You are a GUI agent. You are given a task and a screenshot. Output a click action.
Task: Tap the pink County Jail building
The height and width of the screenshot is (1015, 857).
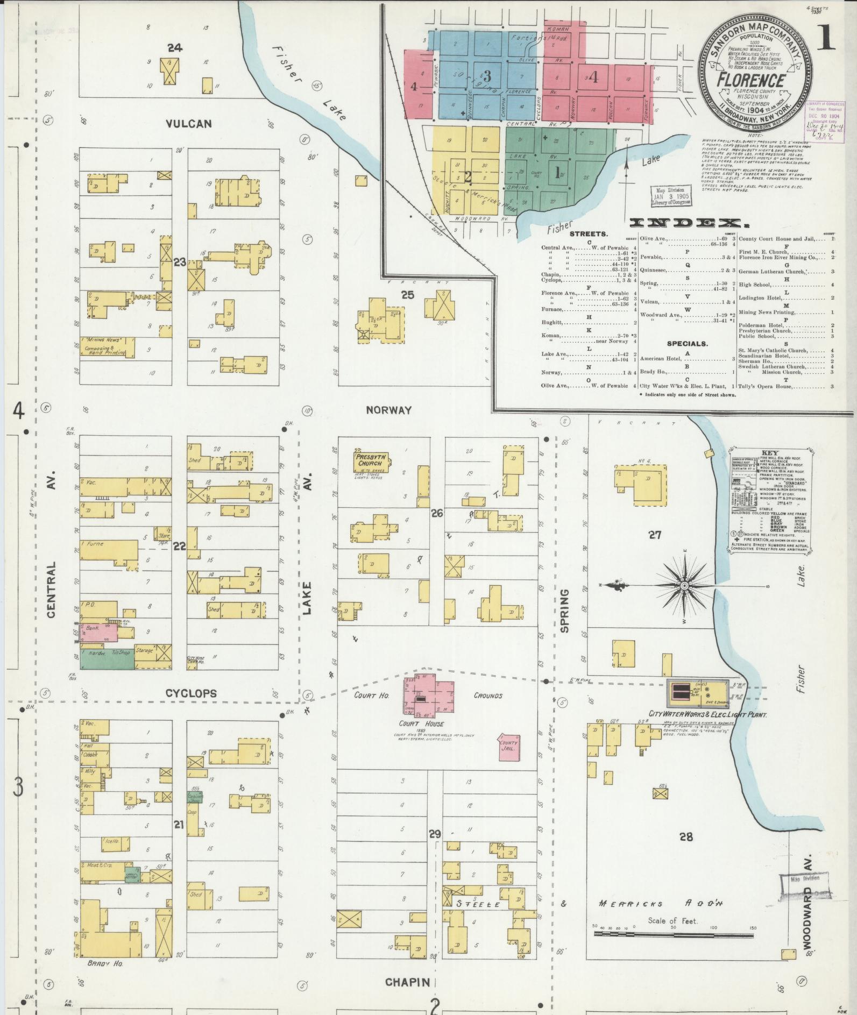[x=508, y=746]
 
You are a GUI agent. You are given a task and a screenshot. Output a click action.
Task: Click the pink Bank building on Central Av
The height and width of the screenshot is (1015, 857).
[x=99, y=633]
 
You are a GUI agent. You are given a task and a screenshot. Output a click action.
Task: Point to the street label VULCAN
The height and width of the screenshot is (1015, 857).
[x=188, y=124]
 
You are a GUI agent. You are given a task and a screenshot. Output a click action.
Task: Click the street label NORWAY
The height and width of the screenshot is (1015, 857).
[x=388, y=410]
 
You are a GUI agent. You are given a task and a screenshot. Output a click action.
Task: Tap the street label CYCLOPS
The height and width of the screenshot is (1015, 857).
[x=190, y=693]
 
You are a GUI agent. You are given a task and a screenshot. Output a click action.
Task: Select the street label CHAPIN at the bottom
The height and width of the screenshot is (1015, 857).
[x=407, y=982]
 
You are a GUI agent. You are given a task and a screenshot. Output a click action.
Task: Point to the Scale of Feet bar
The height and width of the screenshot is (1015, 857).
[x=673, y=934]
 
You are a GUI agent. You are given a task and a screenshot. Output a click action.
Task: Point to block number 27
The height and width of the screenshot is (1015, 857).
[x=654, y=535]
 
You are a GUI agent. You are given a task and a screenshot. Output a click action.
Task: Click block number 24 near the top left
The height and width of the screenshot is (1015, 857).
[x=174, y=48]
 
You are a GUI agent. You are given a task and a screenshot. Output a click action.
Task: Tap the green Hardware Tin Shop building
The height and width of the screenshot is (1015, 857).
[x=107, y=658]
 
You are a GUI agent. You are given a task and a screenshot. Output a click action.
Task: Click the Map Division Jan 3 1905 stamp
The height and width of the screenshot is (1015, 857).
[x=670, y=196]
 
